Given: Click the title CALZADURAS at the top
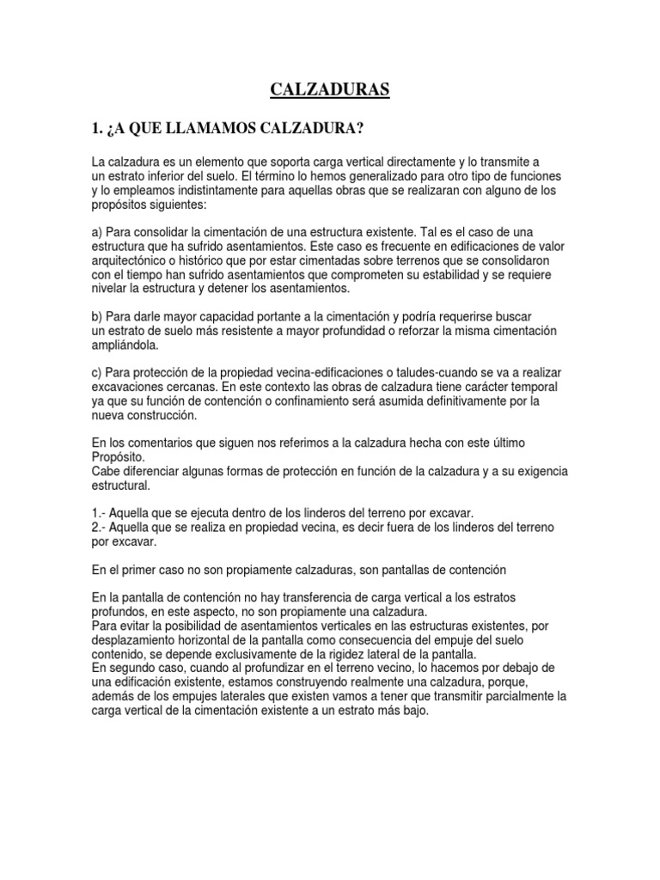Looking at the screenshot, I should click(330, 89).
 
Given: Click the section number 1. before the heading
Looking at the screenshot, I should click(98, 129).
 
